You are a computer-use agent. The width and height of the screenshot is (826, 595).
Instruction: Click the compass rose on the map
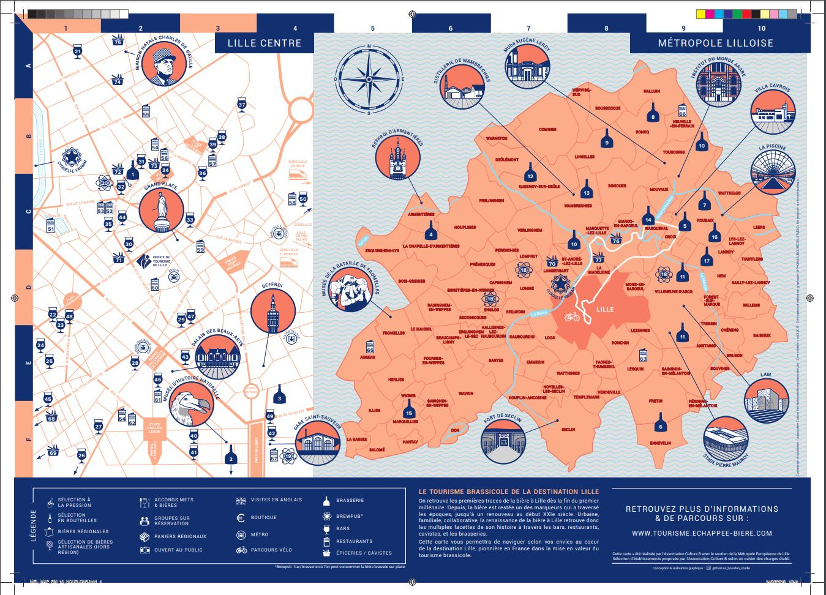point(369,79)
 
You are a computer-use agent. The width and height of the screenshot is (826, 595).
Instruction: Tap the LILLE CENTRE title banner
point(264,43)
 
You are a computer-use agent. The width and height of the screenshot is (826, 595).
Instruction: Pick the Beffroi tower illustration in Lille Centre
point(272,312)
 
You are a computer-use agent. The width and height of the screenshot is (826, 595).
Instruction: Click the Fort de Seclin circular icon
point(503,442)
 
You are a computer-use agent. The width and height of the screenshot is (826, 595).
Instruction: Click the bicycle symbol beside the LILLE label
point(572,316)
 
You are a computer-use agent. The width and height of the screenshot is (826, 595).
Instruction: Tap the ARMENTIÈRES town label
point(421,214)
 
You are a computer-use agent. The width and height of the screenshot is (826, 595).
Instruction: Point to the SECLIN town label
point(568,429)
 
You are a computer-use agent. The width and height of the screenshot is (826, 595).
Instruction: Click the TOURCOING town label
point(674,152)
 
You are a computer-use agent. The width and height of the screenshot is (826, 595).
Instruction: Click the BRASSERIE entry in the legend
point(350,500)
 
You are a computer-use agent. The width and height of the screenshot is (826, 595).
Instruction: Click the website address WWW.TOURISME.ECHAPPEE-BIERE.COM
point(702,533)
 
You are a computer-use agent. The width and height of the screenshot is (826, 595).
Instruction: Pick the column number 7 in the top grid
point(529,28)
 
